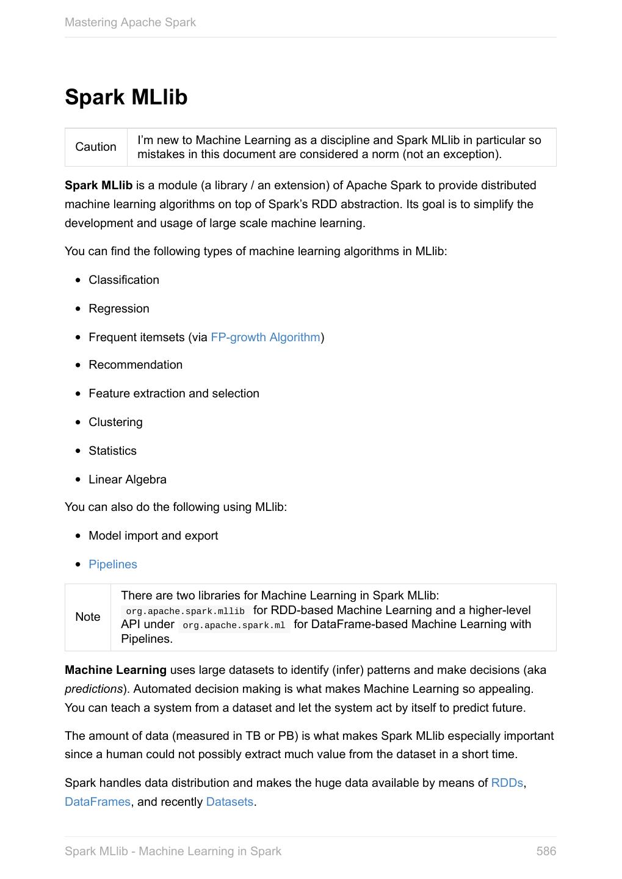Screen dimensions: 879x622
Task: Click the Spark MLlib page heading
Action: [x=126, y=98]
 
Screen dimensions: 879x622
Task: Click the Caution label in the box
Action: [x=96, y=147]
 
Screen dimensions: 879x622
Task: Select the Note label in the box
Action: [x=88, y=617]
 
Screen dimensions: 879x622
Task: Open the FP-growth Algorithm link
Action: [x=266, y=338]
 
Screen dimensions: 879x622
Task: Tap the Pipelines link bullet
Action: [x=113, y=565]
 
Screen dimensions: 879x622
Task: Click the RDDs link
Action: [x=507, y=783]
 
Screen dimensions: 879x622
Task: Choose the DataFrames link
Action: [x=98, y=802]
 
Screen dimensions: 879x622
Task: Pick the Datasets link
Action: [x=230, y=802]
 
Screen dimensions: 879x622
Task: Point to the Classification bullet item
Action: [x=124, y=280]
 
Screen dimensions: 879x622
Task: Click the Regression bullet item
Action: [x=119, y=309]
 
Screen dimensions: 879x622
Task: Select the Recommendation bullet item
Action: [x=136, y=365]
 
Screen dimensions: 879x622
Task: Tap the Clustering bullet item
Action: [x=115, y=422]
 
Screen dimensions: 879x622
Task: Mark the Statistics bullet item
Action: [x=112, y=451]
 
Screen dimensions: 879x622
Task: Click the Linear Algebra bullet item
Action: [x=128, y=480]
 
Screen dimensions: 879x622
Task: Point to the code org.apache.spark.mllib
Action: [x=185, y=611]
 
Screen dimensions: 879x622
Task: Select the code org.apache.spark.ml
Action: [x=234, y=625]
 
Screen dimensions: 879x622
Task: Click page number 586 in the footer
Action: [x=546, y=852]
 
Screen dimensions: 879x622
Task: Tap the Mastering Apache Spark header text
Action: [x=130, y=23]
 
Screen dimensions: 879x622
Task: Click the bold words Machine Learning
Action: [x=115, y=670]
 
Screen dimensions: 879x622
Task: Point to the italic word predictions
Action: [x=94, y=689]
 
